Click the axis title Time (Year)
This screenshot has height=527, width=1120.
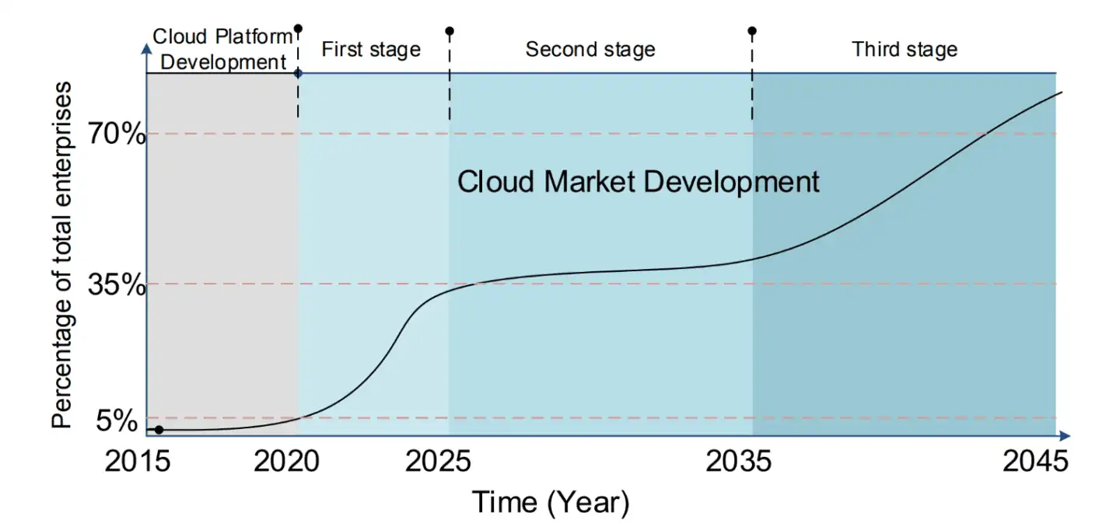click(x=550, y=502)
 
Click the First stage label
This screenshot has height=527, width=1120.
click(x=371, y=50)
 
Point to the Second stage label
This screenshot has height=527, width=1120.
click(x=590, y=50)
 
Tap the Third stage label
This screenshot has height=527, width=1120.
click(x=905, y=50)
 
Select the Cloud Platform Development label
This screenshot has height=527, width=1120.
click(x=222, y=48)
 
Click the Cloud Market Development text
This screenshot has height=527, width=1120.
click(x=638, y=183)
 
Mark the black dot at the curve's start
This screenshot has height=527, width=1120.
click(x=159, y=430)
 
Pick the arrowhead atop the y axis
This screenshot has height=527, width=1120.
click(x=146, y=49)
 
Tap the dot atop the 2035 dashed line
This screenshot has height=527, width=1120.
click(x=752, y=31)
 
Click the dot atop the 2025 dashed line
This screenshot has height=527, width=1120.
click(x=449, y=31)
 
